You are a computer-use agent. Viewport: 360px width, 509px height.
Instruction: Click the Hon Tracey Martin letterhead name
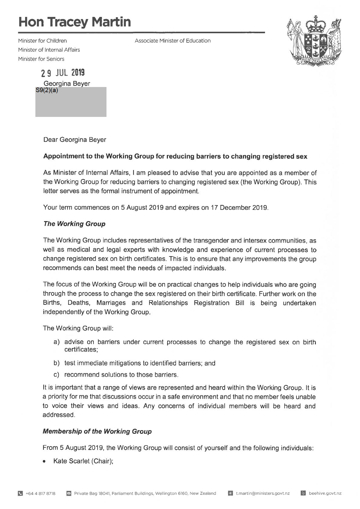tap(75, 22)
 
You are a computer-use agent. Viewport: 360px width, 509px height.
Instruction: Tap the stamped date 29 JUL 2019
tap(63, 73)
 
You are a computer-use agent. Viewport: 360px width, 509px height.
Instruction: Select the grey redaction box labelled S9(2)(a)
tap(71, 102)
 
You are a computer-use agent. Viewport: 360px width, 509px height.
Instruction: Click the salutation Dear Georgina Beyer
tap(75, 140)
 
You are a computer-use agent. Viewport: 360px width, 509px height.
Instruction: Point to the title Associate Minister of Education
tap(172, 40)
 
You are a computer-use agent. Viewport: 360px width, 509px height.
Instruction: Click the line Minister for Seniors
tap(41, 59)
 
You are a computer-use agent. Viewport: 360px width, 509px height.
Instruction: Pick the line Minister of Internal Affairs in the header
tap(49, 50)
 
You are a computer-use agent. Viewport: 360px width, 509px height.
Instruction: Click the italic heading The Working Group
tap(74, 224)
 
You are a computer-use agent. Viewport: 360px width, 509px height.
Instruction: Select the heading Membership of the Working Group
tap(97, 431)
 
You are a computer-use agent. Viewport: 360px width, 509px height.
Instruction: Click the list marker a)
tap(57, 342)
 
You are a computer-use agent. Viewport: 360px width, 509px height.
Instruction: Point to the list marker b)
tap(57, 363)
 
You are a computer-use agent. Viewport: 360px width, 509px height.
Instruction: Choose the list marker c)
tap(57, 375)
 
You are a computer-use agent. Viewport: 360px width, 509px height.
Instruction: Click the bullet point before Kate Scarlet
tap(45, 462)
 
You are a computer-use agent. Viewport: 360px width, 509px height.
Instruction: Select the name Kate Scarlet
tap(71, 461)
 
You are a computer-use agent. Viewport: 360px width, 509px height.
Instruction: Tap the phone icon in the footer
tap(21, 494)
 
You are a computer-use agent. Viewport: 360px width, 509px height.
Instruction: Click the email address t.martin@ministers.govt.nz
tap(263, 494)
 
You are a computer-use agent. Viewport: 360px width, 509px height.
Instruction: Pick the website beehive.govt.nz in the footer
tap(325, 494)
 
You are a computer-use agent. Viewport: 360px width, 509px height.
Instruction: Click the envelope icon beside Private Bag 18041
tap(69, 494)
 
